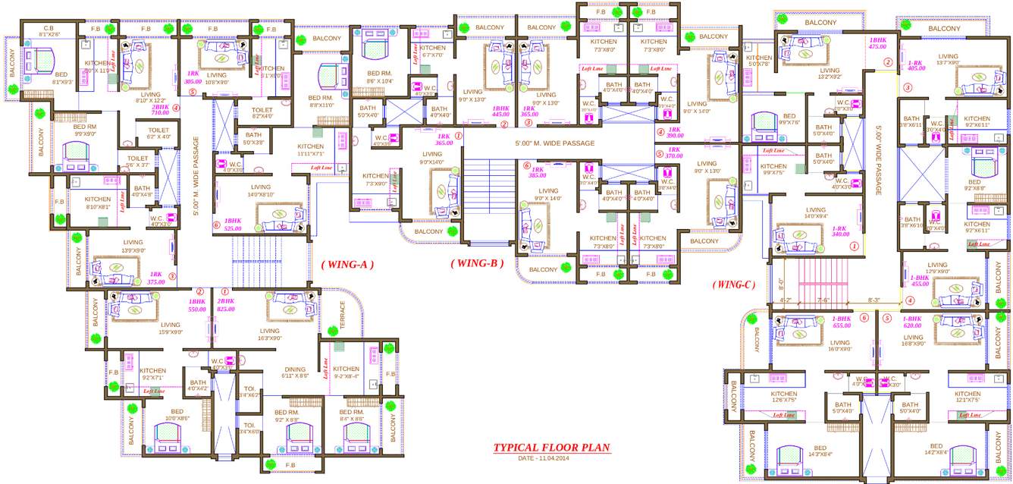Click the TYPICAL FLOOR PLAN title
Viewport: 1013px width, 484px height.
coord(551,448)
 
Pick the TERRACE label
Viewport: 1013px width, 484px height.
coord(342,315)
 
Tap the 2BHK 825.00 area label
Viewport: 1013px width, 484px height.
coord(226,305)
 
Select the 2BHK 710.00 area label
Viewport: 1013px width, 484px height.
coord(160,109)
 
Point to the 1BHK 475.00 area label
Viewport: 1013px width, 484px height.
coord(877,43)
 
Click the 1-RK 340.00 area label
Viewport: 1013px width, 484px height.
coord(839,231)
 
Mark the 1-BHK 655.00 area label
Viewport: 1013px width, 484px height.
coord(842,322)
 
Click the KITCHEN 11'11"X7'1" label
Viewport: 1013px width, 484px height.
coord(310,149)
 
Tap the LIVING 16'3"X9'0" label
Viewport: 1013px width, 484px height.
coord(269,335)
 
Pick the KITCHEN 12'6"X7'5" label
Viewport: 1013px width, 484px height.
coord(784,397)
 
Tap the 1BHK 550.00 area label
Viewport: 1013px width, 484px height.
coord(197,305)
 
